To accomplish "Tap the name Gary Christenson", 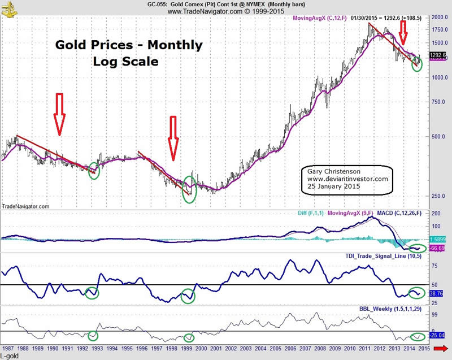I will point(333,171).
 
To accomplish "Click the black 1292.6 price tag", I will point(438,55).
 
